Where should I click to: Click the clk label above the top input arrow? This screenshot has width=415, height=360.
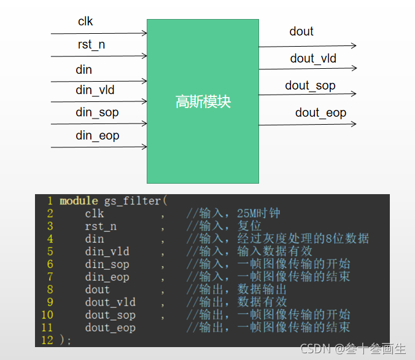click(85, 22)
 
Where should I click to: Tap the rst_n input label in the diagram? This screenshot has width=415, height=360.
click(91, 45)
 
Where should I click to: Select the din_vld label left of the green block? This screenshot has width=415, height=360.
click(95, 90)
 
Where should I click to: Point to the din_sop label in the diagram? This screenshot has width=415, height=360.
click(97, 112)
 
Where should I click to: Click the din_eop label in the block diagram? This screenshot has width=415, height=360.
click(98, 135)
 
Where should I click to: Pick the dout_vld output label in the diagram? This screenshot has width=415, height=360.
click(313, 58)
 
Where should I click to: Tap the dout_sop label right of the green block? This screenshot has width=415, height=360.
click(310, 85)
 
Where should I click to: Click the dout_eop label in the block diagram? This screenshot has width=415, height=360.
click(320, 112)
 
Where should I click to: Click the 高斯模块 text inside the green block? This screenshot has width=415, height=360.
click(203, 101)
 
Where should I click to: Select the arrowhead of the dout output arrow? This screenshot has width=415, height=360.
click(353, 45)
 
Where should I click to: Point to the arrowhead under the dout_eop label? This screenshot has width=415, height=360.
click(353, 123)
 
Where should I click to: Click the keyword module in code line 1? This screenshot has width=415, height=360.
click(79, 201)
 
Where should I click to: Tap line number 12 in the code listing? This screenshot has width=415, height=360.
click(47, 340)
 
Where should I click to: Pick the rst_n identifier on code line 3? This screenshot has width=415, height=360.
click(101, 226)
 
